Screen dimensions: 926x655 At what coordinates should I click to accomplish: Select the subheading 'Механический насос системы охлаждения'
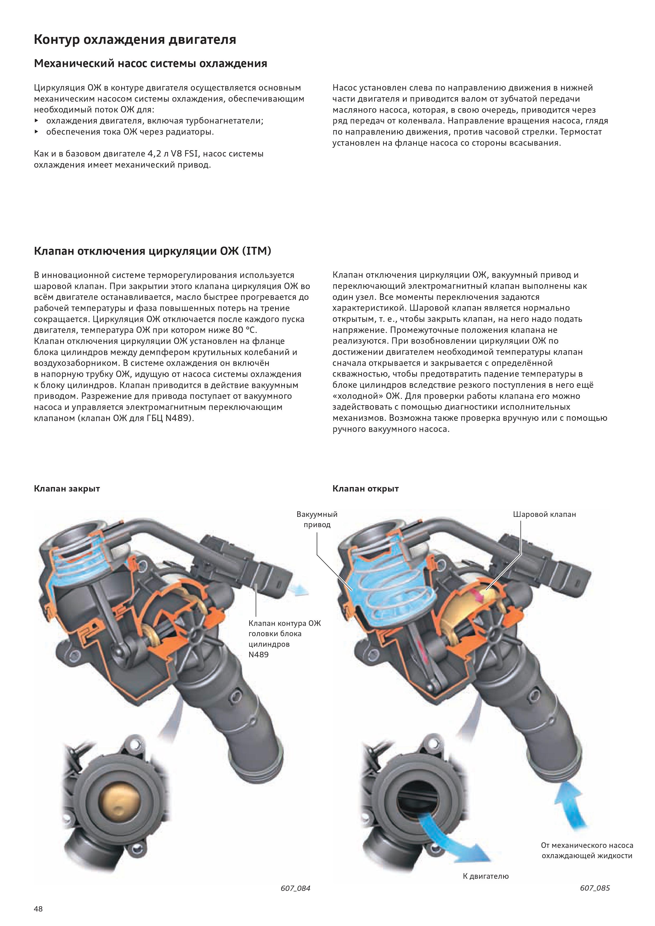(x=150, y=64)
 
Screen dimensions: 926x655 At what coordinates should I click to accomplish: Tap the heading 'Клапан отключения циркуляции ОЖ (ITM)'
(x=152, y=251)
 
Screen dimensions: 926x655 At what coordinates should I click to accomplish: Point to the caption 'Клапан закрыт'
(x=67, y=489)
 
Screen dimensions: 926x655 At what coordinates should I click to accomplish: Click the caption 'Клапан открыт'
(x=365, y=489)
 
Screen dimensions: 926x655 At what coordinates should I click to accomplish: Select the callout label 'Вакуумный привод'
(x=317, y=519)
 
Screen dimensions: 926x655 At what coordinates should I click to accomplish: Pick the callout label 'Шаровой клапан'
(x=544, y=514)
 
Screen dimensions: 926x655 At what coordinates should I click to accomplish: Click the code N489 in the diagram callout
(x=258, y=655)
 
